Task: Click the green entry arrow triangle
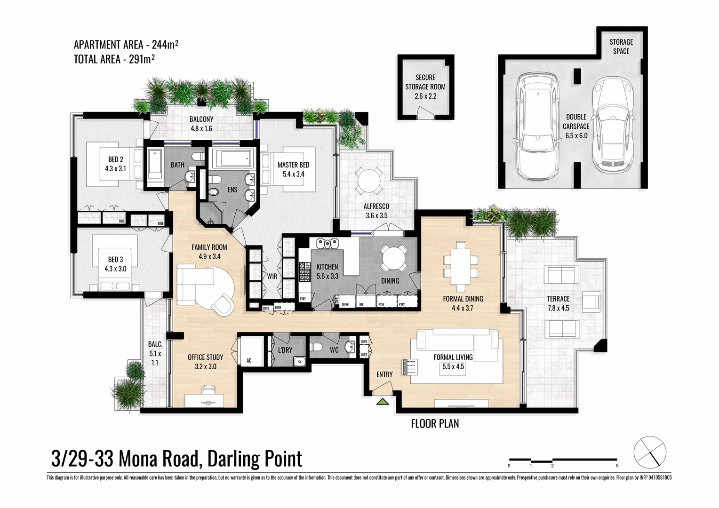(383, 402)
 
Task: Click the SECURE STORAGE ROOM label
(425, 82)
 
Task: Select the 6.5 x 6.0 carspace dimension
(576, 136)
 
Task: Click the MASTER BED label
(293, 165)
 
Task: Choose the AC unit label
(249, 361)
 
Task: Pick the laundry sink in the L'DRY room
(298, 361)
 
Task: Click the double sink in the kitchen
(328, 244)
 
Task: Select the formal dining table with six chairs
(461, 267)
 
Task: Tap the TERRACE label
(558, 299)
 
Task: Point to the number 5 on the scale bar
(617, 466)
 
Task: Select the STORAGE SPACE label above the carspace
(621, 46)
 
